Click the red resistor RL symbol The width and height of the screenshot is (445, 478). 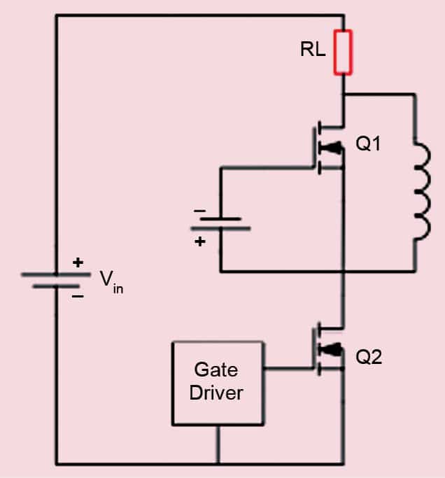343,52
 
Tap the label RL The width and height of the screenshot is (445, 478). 313,50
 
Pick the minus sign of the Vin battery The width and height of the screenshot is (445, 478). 78,296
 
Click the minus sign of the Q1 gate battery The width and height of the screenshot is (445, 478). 200,210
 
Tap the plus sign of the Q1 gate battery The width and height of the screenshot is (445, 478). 200,241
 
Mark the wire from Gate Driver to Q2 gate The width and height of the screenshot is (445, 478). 288,365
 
